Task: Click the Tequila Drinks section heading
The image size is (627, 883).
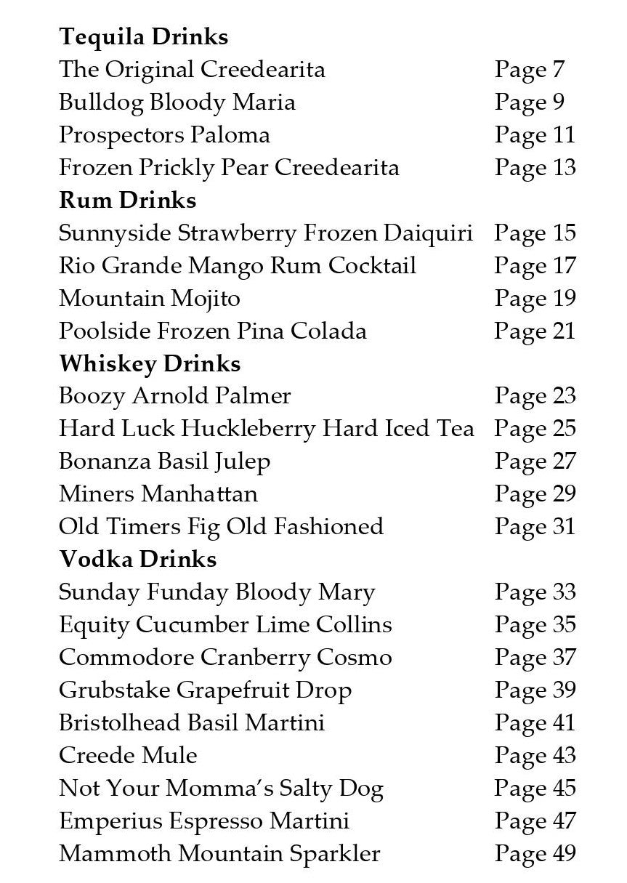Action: pos(143,37)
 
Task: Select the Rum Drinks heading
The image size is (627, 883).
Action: pos(127,200)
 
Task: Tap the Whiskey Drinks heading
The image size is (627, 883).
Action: pos(150,363)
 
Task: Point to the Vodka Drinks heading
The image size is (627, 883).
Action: pos(137,559)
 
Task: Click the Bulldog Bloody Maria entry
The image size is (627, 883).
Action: pos(177,102)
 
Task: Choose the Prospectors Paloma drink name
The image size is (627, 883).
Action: pos(164,135)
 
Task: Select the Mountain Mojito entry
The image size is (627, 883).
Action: pos(149,299)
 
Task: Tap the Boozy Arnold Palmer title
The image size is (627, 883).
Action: pos(174,396)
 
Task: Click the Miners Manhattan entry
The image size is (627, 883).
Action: pos(158,494)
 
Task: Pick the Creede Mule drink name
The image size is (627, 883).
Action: pos(128,755)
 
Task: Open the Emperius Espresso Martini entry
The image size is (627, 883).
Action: pos(203,820)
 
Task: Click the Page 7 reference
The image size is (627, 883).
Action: pos(529,70)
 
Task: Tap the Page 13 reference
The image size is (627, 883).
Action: pos(535,168)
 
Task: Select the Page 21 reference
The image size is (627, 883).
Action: pos(535,331)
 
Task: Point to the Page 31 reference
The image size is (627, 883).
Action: pos(535,527)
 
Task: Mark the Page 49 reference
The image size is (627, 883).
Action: pos(535,853)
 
